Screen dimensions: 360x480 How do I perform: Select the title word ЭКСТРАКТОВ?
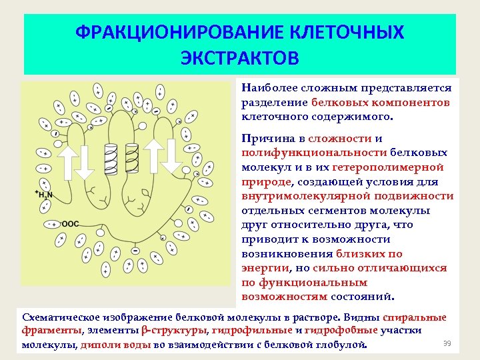(240, 57)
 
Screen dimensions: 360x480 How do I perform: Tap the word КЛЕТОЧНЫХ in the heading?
(347, 32)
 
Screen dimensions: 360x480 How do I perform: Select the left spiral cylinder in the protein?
(111, 157)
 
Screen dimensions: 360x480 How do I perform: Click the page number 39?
(447, 343)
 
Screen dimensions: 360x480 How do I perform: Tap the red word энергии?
(266, 268)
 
